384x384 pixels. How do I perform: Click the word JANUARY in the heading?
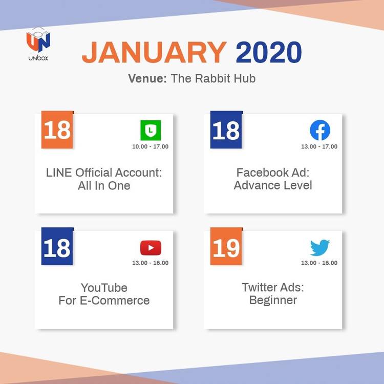click(154, 52)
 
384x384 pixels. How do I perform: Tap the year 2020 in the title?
click(269, 52)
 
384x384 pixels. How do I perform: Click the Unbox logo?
click(38, 44)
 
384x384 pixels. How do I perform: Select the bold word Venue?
click(147, 79)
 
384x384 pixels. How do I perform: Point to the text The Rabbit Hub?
click(213, 79)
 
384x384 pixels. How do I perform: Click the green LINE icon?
click(151, 130)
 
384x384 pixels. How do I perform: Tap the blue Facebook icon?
click(320, 130)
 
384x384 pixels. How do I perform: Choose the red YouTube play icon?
click(151, 248)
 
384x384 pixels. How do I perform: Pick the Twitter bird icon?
click(320, 248)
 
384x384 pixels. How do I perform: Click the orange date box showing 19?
click(226, 246)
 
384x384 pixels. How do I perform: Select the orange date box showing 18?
click(57, 130)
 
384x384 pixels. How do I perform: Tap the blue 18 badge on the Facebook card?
click(226, 130)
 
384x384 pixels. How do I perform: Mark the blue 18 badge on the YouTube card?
click(57, 246)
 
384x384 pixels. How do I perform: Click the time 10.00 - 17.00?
click(150, 146)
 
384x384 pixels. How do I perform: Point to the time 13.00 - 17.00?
click(319, 146)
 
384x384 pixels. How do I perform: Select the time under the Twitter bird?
click(319, 263)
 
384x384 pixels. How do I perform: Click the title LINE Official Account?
click(104, 173)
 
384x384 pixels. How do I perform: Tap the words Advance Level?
click(273, 185)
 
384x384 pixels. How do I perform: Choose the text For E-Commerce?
click(104, 300)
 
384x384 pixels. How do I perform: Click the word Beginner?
click(273, 300)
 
